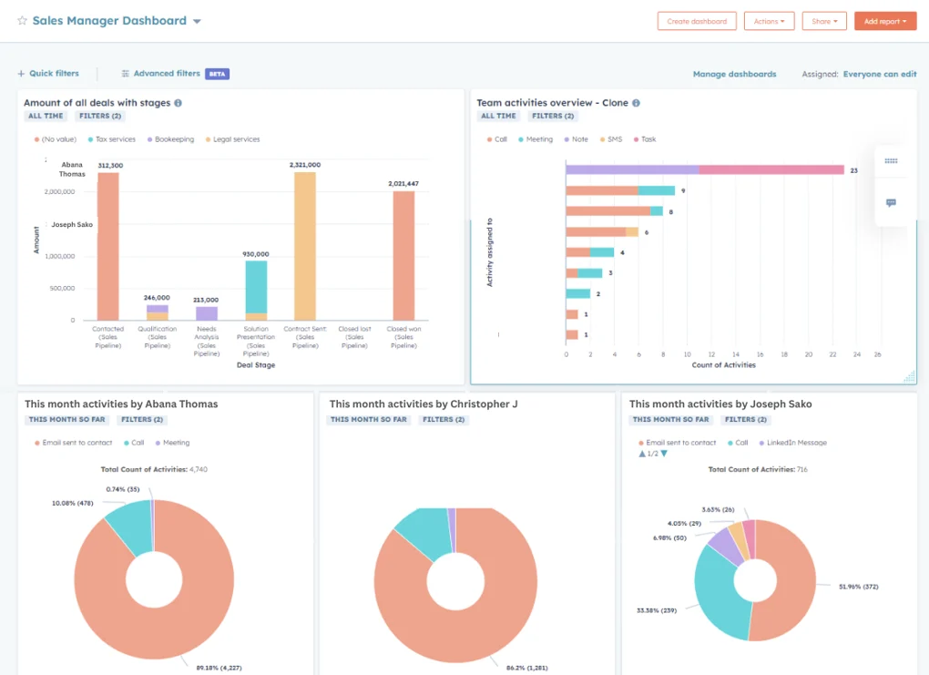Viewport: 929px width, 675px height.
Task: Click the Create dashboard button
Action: (697, 21)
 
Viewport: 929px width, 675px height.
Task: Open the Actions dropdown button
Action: (769, 21)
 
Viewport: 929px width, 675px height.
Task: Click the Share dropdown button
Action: (824, 21)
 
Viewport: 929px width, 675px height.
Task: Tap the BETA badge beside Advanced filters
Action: (217, 74)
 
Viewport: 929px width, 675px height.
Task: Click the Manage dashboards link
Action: (734, 74)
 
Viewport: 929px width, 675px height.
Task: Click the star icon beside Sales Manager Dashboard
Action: (22, 21)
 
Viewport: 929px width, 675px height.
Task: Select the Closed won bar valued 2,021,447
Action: (403, 255)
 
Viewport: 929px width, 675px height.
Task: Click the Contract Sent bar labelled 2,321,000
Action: (305, 246)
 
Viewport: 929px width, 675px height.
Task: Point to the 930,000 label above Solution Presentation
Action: (256, 254)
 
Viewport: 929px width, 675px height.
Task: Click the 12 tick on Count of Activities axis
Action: (711, 355)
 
